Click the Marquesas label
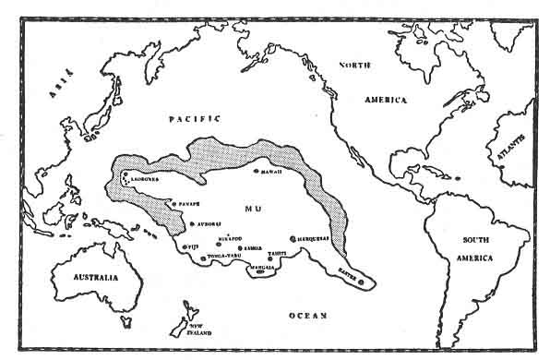coord(314,236)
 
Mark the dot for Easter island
coord(363,280)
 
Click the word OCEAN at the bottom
coord(305,316)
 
